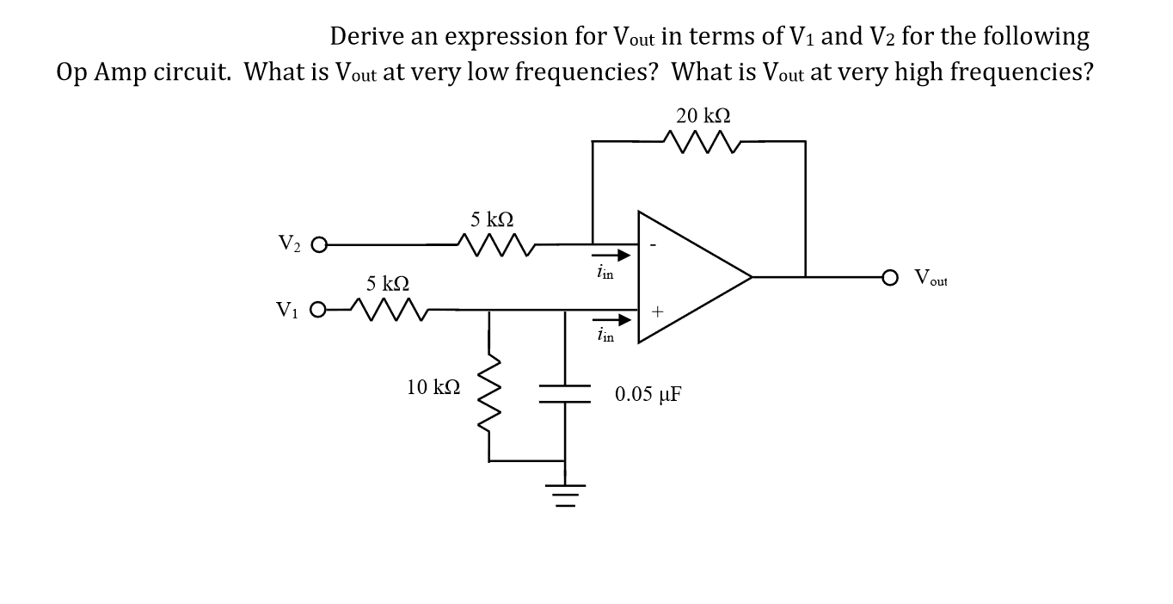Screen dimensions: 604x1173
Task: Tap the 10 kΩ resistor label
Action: pyautogui.click(x=433, y=387)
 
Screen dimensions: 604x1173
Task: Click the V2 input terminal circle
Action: pyautogui.click(x=319, y=246)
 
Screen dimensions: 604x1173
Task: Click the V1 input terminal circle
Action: pyautogui.click(x=319, y=309)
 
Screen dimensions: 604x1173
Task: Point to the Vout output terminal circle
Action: pyautogui.click(x=894, y=277)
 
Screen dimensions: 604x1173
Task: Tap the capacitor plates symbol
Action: pyautogui.click(x=565, y=393)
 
